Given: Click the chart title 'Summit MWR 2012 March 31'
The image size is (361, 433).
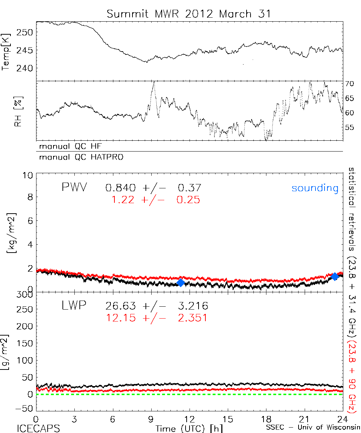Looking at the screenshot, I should click(x=188, y=14).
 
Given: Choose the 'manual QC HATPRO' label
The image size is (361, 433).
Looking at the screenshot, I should click(x=78, y=157).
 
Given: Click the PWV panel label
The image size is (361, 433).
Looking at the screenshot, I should click(x=74, y=188).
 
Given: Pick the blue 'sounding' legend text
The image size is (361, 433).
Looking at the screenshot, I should click(x=315, y=188).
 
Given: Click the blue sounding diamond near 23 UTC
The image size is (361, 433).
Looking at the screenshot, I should click(x=335, y=276).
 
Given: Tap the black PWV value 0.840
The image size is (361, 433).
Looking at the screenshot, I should click(x=121, y=188).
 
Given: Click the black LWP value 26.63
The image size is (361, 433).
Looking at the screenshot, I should click(x=121, y=306).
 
